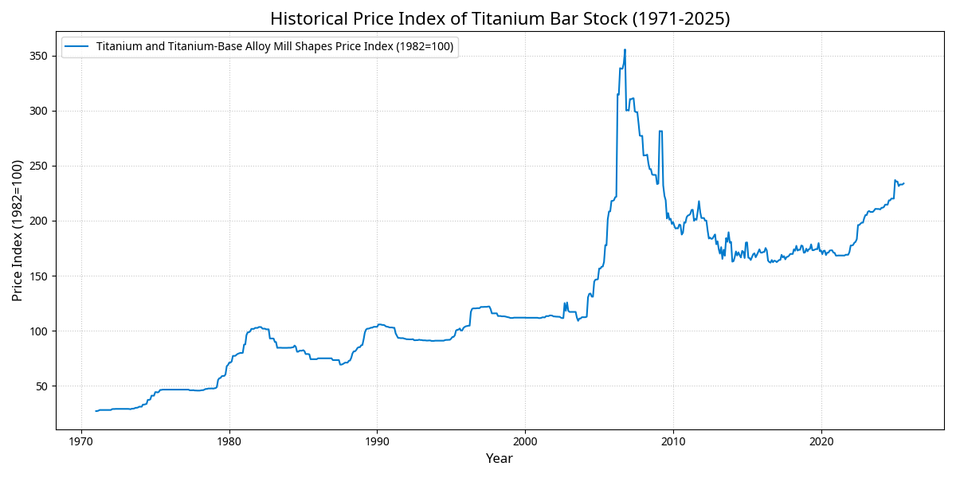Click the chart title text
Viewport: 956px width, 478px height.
(x=500, y=18)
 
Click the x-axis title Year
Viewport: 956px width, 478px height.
(x=500, y=459)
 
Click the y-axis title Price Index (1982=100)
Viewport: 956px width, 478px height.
(x=18, y=230)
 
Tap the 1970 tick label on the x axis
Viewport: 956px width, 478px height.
(x=81, y=441)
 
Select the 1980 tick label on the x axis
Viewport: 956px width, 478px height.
(x=229, y=441)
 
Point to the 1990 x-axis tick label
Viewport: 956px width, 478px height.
(x=377, y=441)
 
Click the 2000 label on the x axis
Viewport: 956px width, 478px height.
(x=525, y=441)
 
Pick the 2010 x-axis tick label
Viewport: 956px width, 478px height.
(x=673, y=441)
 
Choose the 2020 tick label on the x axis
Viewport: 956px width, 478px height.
(x=821, y=441)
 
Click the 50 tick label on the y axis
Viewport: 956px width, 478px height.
(x=41, y=386)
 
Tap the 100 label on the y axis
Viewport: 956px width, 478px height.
(x=38, y=331)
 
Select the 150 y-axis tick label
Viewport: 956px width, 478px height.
(x=38, y=276)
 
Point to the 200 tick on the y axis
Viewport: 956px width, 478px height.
(x=38, y=221)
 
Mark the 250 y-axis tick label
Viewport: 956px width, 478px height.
(x=38, y=167)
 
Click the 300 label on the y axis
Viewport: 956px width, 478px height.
(x=38, y=111)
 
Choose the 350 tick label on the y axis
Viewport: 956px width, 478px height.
(x=38, y=56)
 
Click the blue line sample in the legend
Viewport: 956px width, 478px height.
(x=78, y=47)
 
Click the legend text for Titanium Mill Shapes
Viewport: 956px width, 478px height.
(x=275, y=47)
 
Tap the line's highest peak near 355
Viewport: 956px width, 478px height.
(x=625, y=49)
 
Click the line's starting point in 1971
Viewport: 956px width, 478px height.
(x=96, y=411)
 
